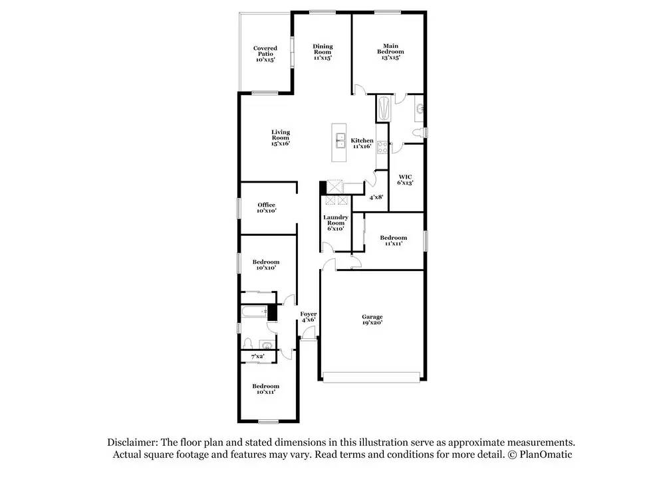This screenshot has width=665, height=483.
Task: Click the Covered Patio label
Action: (265, 54)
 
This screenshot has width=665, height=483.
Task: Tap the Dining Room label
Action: (323, 52)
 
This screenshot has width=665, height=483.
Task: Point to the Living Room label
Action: (280, 138)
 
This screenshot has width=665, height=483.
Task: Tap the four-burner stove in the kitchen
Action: (382, 147)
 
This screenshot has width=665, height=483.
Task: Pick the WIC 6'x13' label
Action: (406, 180)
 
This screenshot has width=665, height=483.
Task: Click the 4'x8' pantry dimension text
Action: (376, 197)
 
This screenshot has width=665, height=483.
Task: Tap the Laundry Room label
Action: (334, 223)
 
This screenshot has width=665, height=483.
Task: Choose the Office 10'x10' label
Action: (266, 208)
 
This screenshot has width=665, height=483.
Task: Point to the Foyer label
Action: (308, 316)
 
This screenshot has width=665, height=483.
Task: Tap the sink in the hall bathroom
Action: (265, 345)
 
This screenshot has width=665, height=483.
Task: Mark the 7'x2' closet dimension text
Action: (257, 357)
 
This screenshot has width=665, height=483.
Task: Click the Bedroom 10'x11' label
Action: (265, 389)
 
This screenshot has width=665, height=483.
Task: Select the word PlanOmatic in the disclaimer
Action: (547, 454)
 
